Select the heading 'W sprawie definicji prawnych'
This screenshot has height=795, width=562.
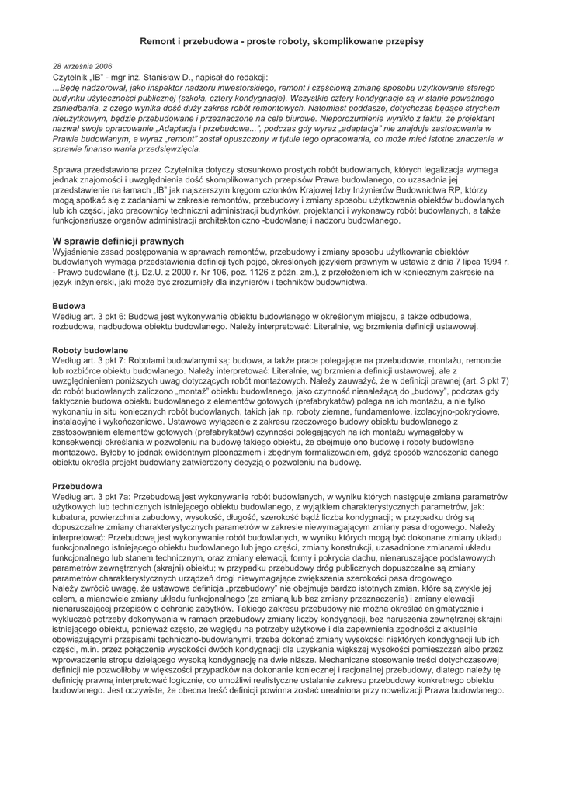(118, 241)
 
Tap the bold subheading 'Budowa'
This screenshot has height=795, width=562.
(68, 307)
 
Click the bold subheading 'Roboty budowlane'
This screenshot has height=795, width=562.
(89, 351)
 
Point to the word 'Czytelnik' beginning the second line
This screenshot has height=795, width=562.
(70, 78)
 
